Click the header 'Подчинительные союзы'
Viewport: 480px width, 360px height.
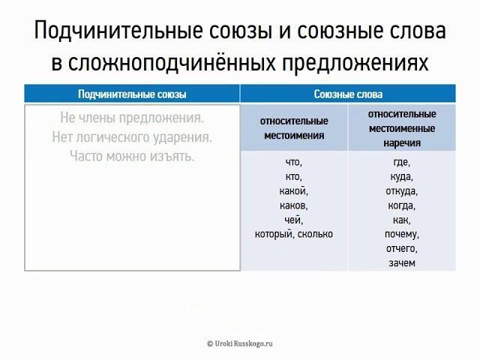pos(132,94)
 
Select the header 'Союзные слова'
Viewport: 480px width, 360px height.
pos(348,94)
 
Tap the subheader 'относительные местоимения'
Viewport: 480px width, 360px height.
pos(294,128)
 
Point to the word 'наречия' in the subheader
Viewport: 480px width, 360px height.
pos(402,143)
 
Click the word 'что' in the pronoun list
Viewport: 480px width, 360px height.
pos(292,162)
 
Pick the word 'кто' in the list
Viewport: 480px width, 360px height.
pos(292,177)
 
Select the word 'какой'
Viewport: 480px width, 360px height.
pos(292,190)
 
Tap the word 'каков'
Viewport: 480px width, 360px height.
pos(292,205)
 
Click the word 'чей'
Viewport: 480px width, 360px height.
pos(292,220)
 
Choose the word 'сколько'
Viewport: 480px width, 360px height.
pos(315,234)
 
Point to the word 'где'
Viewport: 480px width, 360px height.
pos(400,162)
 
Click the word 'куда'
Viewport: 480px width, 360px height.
pos(400,177)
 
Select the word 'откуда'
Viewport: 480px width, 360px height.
pos(400,191)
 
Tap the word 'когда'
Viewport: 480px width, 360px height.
pos(400,205)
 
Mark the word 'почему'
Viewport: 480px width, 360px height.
pos(400,235)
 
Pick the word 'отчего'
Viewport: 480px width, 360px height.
pos(400,248)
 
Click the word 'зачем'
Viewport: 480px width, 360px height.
pos(402,263)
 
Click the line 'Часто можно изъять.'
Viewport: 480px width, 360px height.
pos(132,156)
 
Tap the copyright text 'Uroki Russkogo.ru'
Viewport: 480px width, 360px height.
pos(243,343)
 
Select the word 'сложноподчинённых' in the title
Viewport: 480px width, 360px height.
pos(172,63)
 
